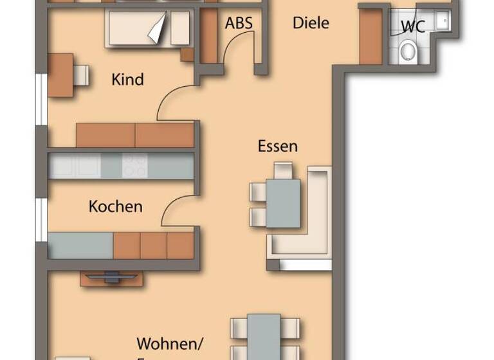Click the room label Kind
[127, 80]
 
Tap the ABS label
[238, 23]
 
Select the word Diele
[311, 23]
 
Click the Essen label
[278, 146]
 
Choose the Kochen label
[116, 206]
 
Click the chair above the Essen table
[284, 171]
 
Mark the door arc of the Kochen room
[177, 212]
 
